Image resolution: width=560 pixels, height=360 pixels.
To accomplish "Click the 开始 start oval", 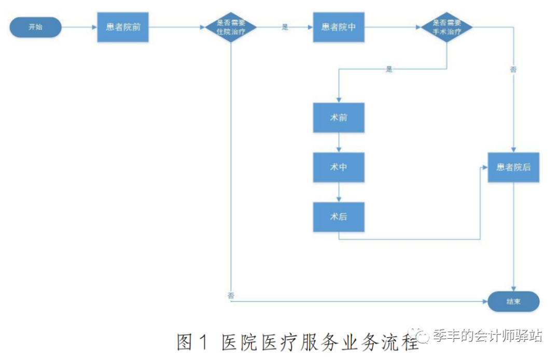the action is pos(35,27).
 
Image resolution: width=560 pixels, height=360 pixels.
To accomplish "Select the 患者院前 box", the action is pos(123,27).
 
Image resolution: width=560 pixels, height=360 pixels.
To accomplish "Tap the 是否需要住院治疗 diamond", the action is pos(231,27).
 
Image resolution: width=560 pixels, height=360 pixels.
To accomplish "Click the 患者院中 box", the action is pos(339,27).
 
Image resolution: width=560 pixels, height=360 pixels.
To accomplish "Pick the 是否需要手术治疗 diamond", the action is pos(447,27).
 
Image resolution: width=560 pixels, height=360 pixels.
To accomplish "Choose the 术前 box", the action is pos(339,118).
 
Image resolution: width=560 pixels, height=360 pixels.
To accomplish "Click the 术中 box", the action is pos(339,167).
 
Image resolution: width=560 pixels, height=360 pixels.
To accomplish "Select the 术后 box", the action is pos(339,217).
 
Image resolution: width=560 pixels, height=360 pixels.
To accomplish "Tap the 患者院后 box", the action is pos(513,167).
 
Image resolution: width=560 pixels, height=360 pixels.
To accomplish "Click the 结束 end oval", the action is pos(513,301).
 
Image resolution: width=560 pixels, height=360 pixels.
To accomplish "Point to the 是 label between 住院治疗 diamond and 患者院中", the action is pos(285,27).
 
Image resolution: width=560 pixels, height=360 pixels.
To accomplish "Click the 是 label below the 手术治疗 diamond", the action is pos(389,69).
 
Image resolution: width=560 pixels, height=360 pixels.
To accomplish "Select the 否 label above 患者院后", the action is pos(513,70).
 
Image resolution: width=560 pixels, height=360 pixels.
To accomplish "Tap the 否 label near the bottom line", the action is pos(231,295).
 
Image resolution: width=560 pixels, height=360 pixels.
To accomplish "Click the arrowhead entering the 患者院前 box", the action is pos(95,27).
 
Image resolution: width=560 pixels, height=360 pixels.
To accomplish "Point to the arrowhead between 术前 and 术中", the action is pos(339,150).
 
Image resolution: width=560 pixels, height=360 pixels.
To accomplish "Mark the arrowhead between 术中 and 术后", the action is pos(339,200).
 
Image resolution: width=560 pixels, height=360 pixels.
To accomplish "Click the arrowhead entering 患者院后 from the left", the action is pos(485,167).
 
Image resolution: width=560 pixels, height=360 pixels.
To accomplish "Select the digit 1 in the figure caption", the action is pos(204,342).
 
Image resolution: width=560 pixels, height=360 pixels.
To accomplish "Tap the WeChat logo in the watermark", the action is pos(418,335).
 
